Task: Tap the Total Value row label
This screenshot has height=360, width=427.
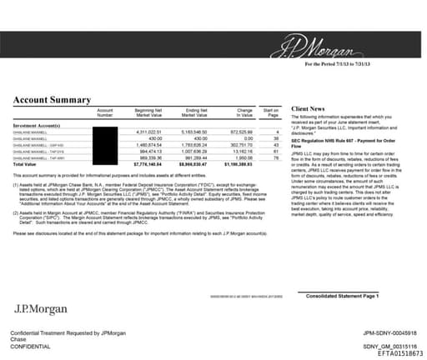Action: (24, 165)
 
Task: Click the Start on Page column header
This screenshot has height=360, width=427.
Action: (270, 113)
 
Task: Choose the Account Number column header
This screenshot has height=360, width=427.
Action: (104, 113)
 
